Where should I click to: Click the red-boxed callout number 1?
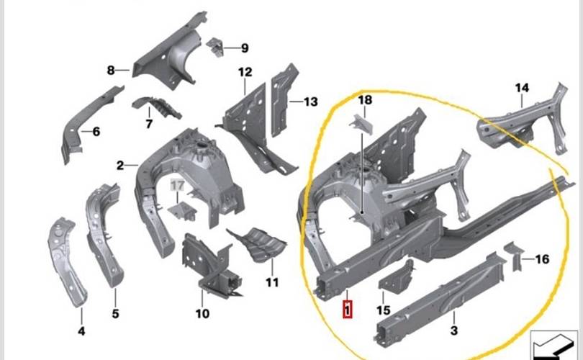point(348,310)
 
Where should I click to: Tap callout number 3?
point(454,330)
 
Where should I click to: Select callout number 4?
point(81,331)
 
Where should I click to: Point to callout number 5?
point(115,314)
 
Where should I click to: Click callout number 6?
point(96,131)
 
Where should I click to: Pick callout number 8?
point(111,71)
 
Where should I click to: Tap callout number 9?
point(244,48)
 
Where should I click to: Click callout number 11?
point(271,283)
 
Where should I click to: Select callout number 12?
point(245,71)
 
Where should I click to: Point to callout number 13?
point(310,102)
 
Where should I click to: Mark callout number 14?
point(522,88)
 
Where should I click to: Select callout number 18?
point(365,100)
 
